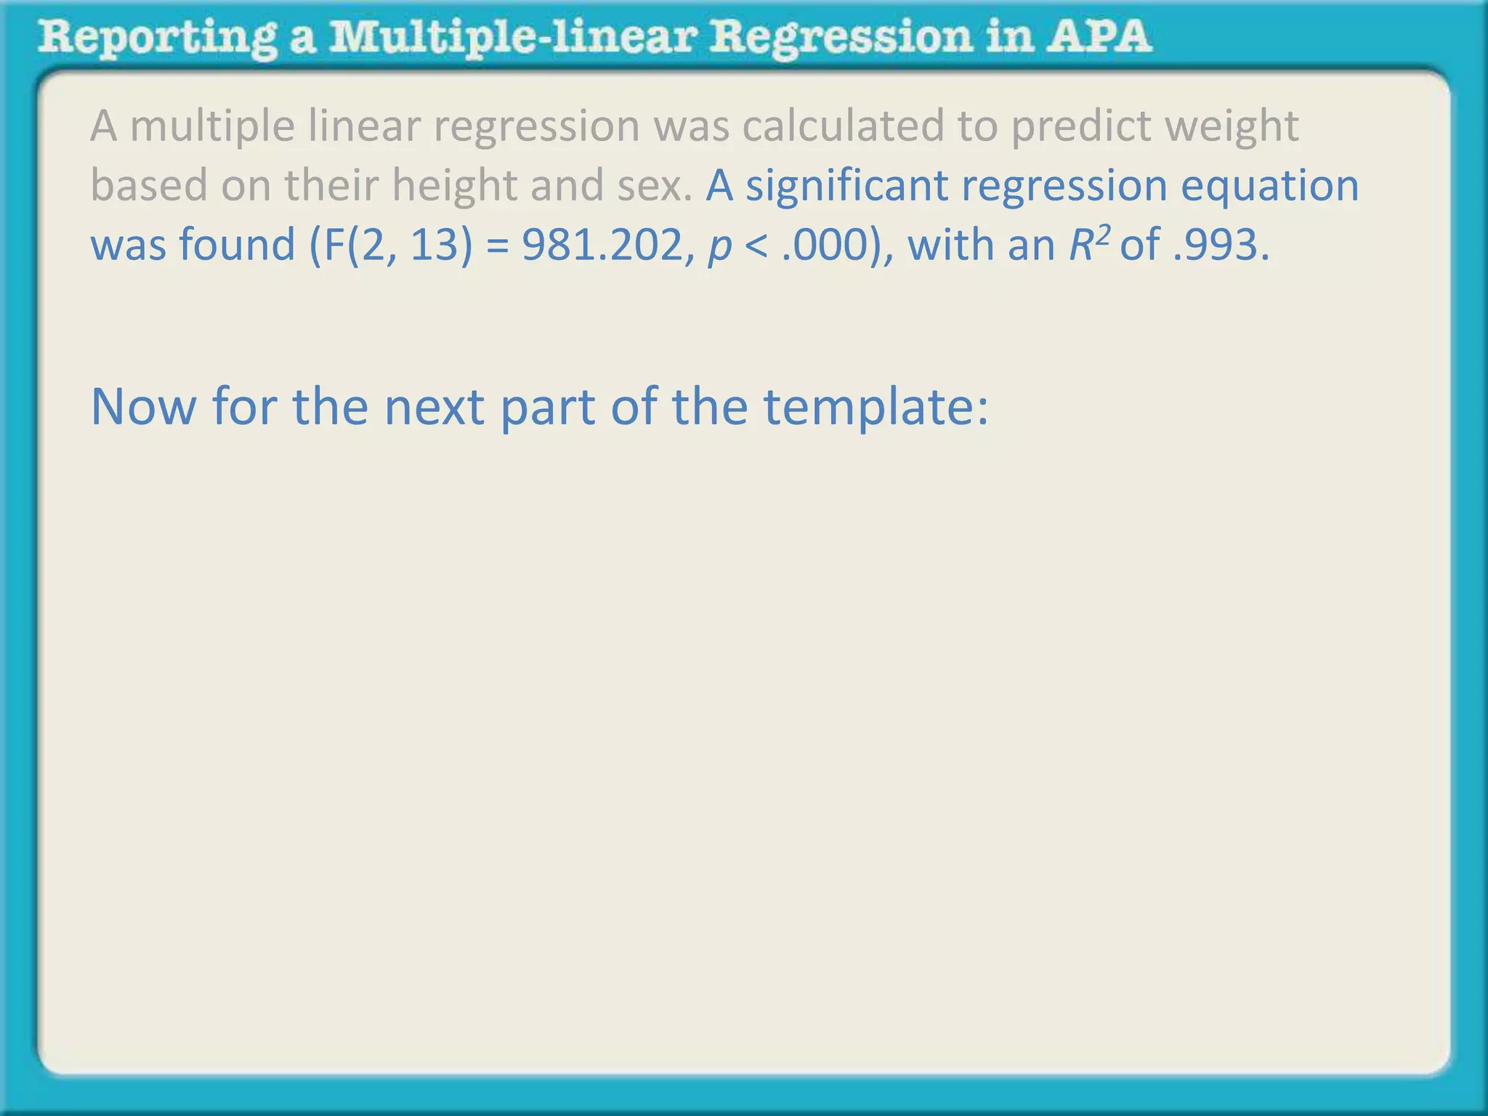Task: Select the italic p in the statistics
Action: pos(719,247)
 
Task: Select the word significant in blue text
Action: pos(846,186)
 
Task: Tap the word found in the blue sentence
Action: pos(237,245)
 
